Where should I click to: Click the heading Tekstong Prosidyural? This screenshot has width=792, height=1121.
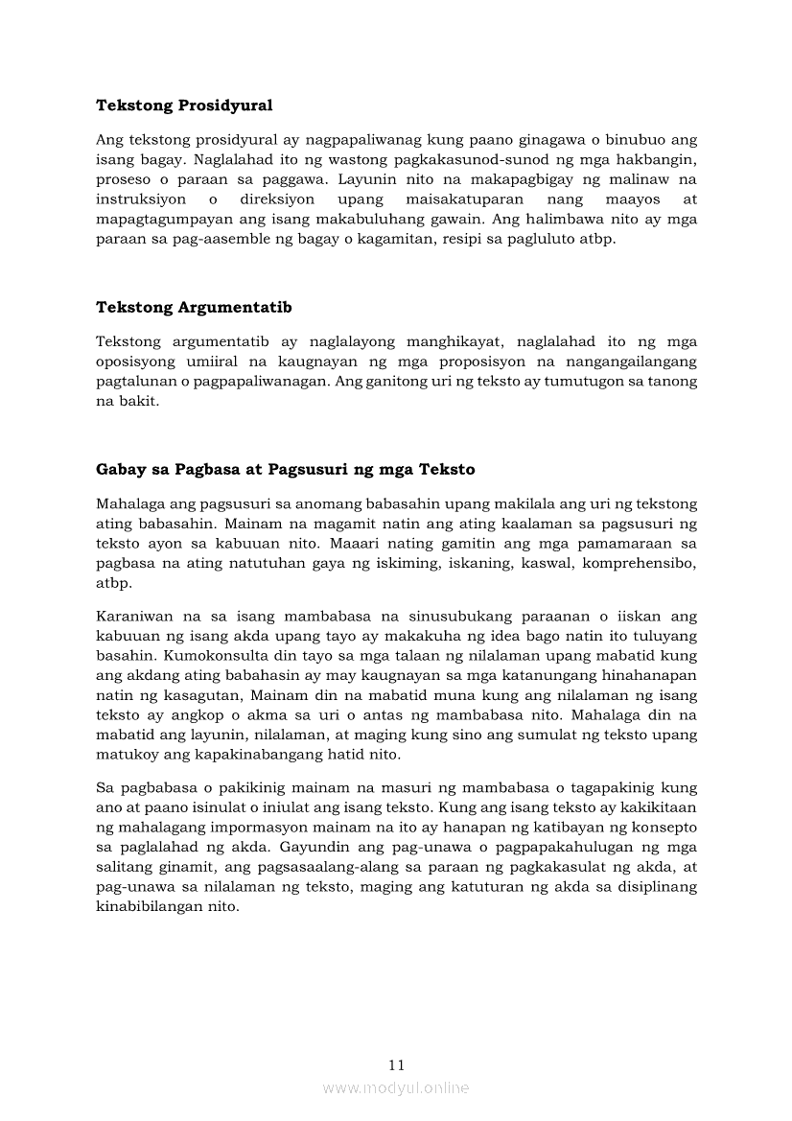[x=184, y=105]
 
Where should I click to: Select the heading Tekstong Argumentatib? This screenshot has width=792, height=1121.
[x=194, y=307]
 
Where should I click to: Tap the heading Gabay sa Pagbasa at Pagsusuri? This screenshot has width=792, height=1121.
[x=285, y=470]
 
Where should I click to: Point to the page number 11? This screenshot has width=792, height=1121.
[x=397, y=1064]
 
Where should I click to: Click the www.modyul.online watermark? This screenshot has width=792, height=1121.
[x=396, y=1087]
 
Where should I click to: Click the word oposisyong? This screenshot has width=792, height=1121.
[x=132, y=361]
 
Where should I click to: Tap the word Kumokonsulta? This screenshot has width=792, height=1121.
[x=213, y=656]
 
